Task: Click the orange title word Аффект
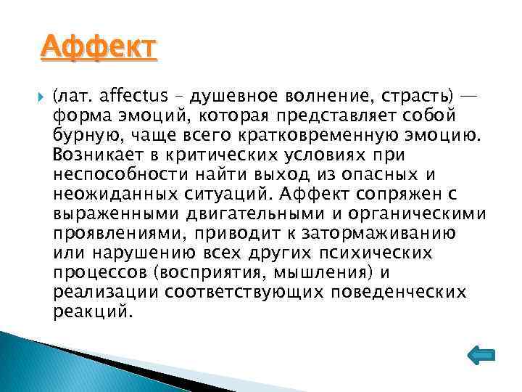97,48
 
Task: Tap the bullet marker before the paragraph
38,95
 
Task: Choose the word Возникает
94,155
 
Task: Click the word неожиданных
101,194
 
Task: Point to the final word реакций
93,311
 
